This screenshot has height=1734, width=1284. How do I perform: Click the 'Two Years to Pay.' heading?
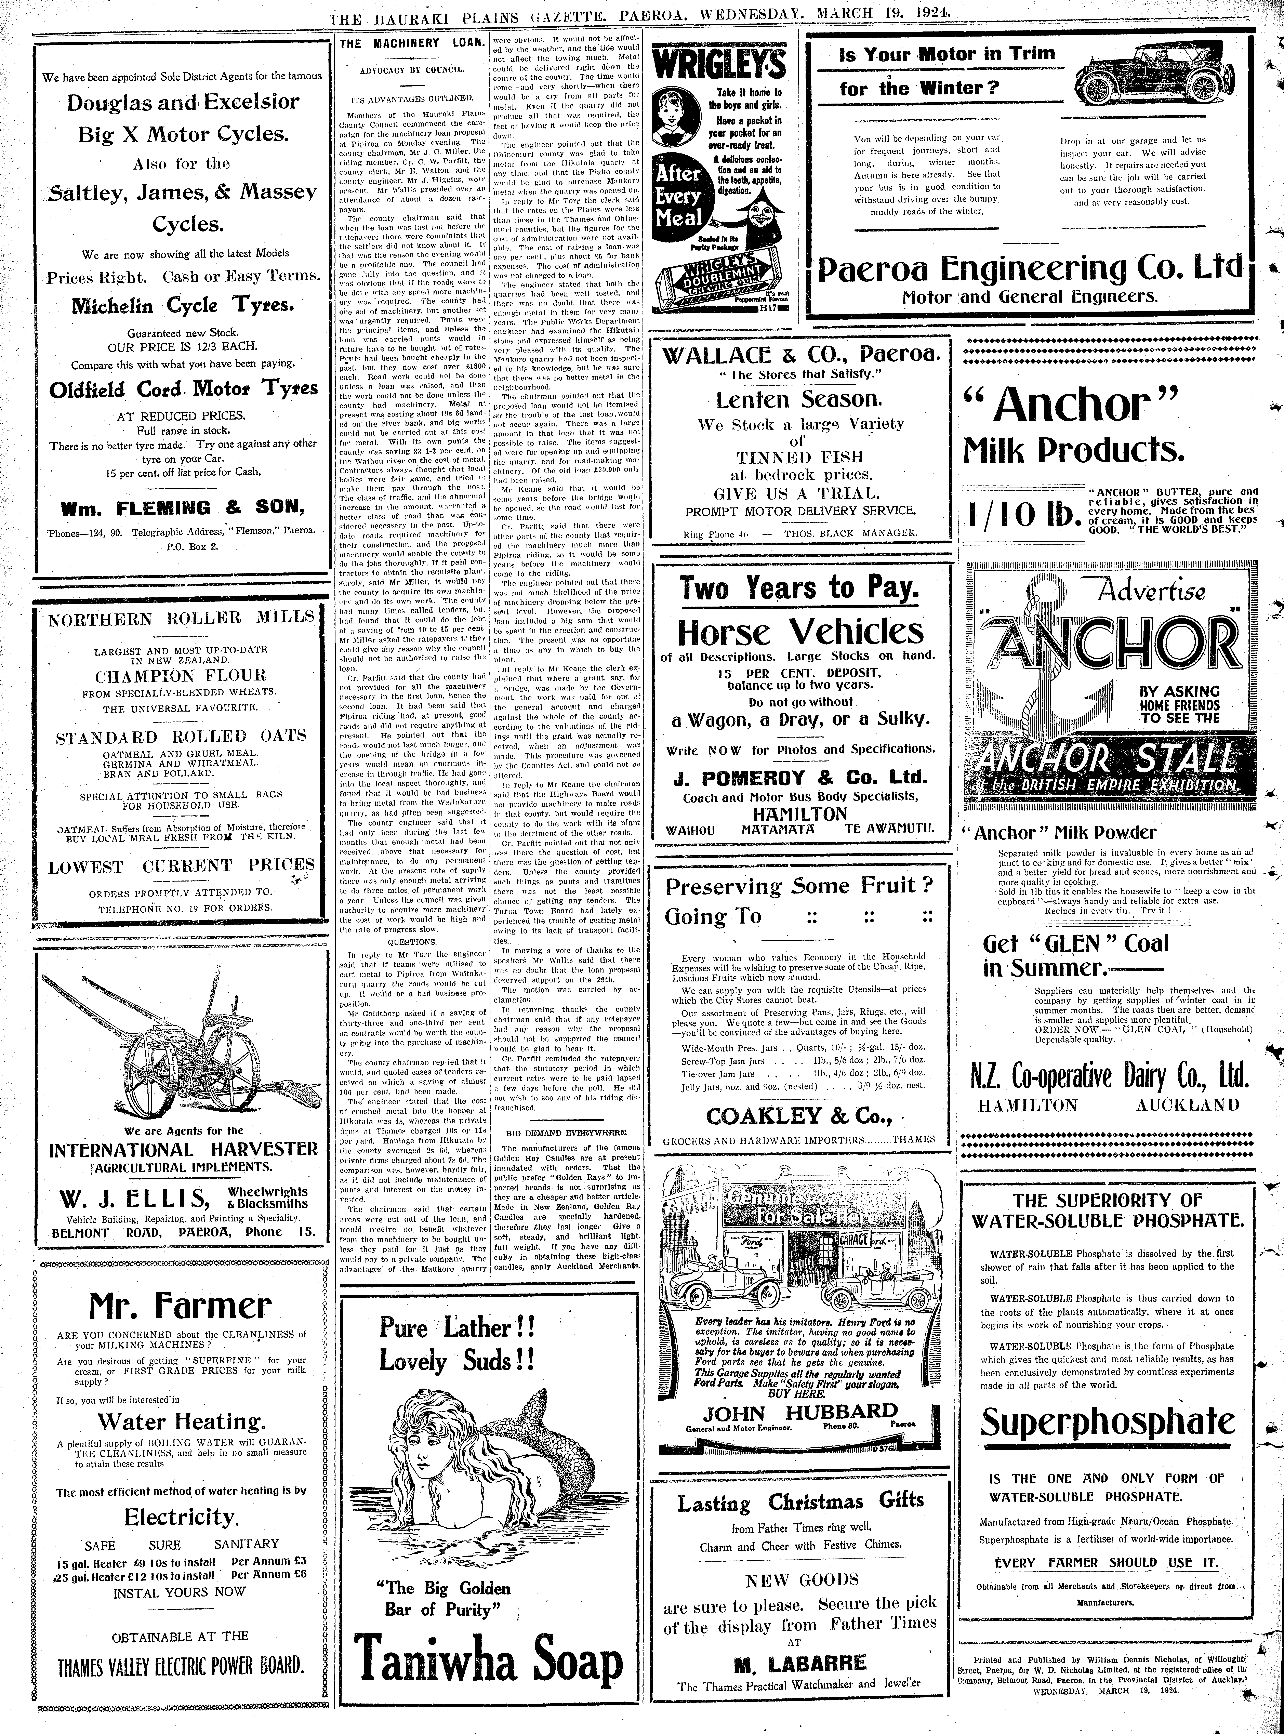click(x=800, y=588)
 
